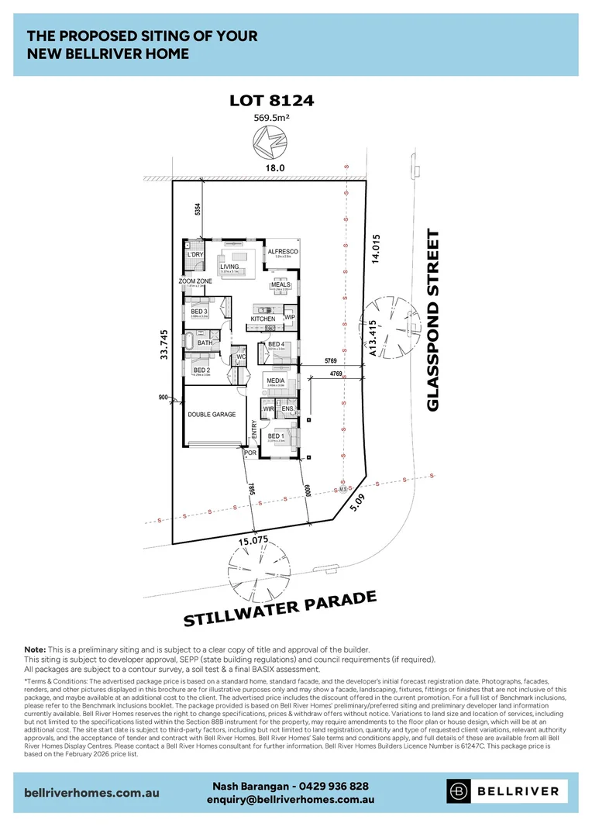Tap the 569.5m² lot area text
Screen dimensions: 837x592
[271, 118]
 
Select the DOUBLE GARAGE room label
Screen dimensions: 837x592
[212, 415]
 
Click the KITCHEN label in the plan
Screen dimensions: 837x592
[263, 319]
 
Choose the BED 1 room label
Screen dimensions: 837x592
[276, 436]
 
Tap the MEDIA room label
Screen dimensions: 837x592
[276, 381]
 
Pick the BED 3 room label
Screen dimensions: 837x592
[199, 312]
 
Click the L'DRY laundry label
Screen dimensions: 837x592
[194, 254]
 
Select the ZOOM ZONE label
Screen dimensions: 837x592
[195, 281]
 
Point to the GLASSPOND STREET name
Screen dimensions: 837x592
[433, 320]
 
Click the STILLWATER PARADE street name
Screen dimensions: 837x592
[280, 608]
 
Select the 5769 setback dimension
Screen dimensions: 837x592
[334, 361]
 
